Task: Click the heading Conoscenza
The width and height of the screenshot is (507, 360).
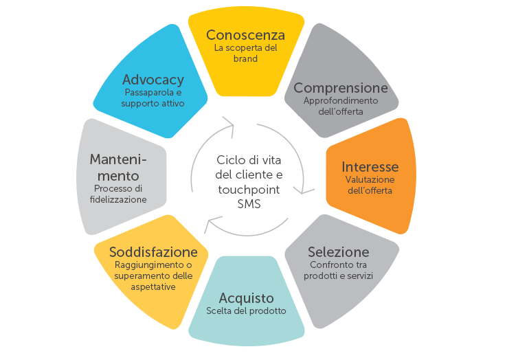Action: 245,35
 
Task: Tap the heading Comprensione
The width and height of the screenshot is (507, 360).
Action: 341,88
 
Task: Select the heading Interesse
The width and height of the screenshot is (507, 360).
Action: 370,167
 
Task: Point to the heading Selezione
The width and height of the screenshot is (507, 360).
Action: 338,251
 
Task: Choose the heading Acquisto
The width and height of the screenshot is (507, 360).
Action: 246,298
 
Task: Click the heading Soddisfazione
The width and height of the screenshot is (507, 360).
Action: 153,252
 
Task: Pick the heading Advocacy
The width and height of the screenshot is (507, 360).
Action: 153,80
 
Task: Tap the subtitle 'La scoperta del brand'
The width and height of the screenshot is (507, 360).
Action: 245,54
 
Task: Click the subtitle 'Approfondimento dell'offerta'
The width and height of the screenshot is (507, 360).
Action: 341,106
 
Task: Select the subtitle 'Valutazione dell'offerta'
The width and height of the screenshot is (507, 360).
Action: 370,185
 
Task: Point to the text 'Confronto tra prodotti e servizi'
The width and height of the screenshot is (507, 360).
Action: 338,270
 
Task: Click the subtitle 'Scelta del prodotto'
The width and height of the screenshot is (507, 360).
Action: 246,311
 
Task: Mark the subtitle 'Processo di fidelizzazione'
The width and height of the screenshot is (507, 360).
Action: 120,194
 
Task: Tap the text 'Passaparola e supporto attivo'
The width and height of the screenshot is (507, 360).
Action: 153,98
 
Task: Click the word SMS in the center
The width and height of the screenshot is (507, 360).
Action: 250,204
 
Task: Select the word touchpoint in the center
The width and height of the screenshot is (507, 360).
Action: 250,190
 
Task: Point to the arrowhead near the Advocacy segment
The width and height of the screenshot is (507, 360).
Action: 229,125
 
